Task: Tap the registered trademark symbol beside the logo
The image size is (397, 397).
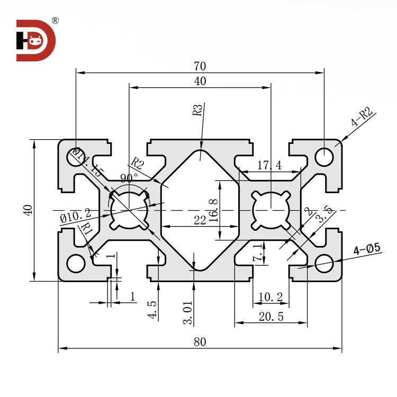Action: tap(55, 21)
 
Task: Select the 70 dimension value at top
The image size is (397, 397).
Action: tap(200, 66)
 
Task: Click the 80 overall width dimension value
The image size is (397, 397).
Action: tap(200, 341)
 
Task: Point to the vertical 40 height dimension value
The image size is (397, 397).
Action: tap(29, 210)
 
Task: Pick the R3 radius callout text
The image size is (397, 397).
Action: tap(197, 110)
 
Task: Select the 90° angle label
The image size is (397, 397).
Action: tap(129, 177)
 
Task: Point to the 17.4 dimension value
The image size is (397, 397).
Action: tap(269, 166)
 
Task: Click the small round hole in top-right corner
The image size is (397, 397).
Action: tap(324, 157)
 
